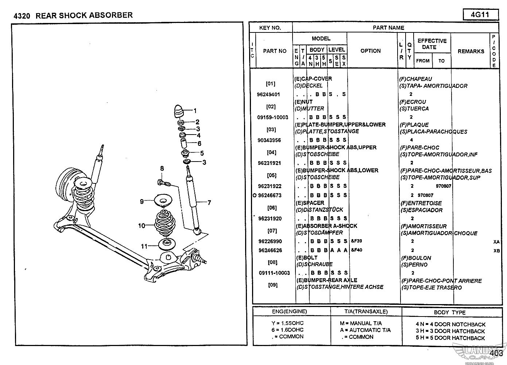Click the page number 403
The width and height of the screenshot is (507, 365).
(496, 353)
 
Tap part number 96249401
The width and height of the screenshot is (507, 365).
(269, 94)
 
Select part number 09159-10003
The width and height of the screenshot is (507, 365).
(273, 117)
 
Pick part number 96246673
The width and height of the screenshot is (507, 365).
(270, 195)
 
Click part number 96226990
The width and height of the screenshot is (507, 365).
(270, 241)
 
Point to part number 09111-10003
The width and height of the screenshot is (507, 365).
(274, 273)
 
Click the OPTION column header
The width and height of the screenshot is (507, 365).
(370, 51)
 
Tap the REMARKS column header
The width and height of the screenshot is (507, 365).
(471, 51)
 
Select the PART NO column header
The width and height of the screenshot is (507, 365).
(274, 51)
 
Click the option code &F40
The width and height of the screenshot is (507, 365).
(356, 250)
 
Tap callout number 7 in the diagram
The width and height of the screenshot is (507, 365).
(209, 203)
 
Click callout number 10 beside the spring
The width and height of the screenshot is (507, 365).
(142, 226)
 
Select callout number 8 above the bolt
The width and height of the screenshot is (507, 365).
(162, 168)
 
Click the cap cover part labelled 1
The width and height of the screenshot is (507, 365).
(179, 111)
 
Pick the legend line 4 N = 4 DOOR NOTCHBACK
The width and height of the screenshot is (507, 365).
(450, 324)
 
